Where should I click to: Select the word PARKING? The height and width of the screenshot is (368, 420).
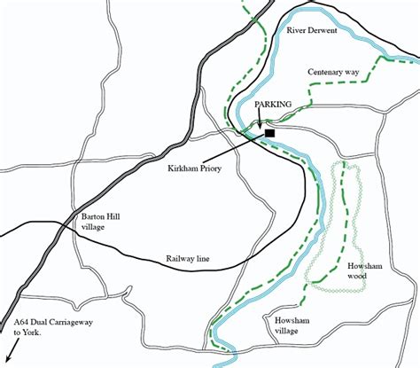[273, 105]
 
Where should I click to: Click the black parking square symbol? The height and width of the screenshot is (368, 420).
[270, 133]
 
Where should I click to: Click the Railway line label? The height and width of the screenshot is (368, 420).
[187, 260]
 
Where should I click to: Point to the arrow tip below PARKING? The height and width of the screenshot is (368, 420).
[259, 132]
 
